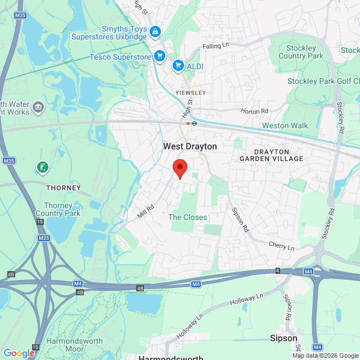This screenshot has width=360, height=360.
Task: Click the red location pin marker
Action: [x=179, y=168]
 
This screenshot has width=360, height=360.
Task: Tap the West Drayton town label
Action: [x=190, y=146]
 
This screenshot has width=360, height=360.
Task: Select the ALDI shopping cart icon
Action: [x=178, y=66]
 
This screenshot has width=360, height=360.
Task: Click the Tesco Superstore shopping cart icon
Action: [x=160, y=56]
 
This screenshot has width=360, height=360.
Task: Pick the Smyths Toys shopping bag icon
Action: [x=155, y=33]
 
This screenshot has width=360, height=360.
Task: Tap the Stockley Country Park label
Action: [x=301, y=52]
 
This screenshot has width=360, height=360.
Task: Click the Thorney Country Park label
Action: [x=58, y=209]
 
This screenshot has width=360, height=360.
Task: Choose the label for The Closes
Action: [x=188, y=217]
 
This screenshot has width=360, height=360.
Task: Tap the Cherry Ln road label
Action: [x=282, y=247]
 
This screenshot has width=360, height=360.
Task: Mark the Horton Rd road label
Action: [x=255, y=111]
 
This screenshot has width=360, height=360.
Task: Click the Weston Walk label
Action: [x=285, y=125]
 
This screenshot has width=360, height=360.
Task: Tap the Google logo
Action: [x=19, y=353]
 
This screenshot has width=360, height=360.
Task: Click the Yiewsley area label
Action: [x=191, y=92]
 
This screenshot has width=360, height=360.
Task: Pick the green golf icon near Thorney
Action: [x=42, y=167]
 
